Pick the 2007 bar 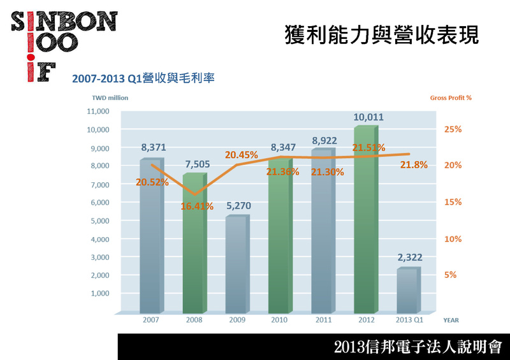click(152, 236)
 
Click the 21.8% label click(414, 165)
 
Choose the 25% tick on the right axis click(453, 129)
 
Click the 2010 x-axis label click(278, 319)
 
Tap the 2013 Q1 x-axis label click(410, 319)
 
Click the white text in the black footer click(418, 347)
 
